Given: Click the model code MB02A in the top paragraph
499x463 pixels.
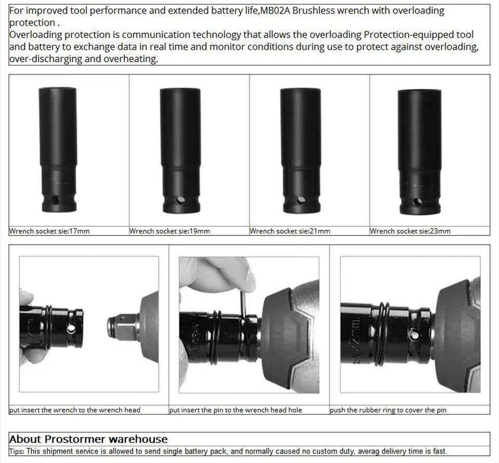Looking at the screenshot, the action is (275, 11).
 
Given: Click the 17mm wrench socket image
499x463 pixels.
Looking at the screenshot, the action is (58, 150).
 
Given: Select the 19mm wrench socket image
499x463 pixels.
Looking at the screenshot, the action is (180, 151).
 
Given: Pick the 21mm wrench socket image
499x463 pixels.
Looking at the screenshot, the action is (301, 151).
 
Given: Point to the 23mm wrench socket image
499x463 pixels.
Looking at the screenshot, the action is (419, 152).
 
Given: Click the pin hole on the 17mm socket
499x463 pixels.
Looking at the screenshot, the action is (56, 201).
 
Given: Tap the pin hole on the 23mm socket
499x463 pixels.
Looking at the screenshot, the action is (417, 202).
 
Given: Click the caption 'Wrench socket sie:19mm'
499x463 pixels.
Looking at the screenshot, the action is (169, 231).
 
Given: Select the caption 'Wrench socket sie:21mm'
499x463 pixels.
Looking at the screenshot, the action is (290, 231).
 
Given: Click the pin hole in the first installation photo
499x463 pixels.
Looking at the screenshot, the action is (71, 329).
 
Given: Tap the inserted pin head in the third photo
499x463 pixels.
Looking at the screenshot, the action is (415, 335).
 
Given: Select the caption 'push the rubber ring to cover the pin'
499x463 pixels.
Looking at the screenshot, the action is (388, 410).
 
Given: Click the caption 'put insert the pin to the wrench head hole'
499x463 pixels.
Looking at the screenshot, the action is (235, 410).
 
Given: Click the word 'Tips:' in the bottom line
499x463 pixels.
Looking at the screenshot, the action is (17, 451).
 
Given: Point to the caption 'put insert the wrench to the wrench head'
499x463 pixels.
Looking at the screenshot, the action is (75, 410).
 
